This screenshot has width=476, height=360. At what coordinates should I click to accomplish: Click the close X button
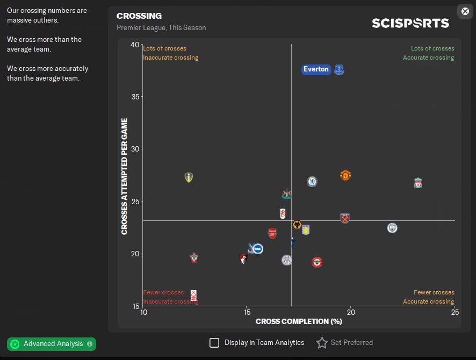click(465, 11)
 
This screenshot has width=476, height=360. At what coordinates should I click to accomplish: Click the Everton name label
click(316, 69)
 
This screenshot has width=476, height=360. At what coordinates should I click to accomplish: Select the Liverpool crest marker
click(418, 183)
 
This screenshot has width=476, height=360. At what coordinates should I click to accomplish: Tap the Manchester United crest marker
click(345, 175)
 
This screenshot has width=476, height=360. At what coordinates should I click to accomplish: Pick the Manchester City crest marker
click(392, 228)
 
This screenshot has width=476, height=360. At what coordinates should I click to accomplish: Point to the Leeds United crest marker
click(188, 177)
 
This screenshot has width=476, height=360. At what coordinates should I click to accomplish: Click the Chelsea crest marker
click(312, 182)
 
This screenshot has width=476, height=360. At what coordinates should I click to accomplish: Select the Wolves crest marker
click(297, 225)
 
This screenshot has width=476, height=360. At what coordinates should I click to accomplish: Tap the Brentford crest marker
click(318, 262)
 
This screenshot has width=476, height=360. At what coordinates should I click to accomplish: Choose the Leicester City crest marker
click(287, 260)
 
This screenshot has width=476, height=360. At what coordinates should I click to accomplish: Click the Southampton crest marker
click(194, 258)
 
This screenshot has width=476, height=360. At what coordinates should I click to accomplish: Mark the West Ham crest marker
click(345, 218)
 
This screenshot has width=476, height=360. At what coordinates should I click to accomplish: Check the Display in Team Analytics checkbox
click(214, 343)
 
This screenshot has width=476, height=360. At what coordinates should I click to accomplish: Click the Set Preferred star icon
click(322, 343)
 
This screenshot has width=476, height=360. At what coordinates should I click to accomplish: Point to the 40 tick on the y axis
click(134, 45)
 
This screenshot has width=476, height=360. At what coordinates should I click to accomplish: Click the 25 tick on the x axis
click(455, 312)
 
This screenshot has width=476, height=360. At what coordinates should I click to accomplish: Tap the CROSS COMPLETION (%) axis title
click(299, 321)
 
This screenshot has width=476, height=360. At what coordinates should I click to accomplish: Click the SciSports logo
click(410, 23)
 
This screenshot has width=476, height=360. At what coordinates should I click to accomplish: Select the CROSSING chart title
click(139, 16)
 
